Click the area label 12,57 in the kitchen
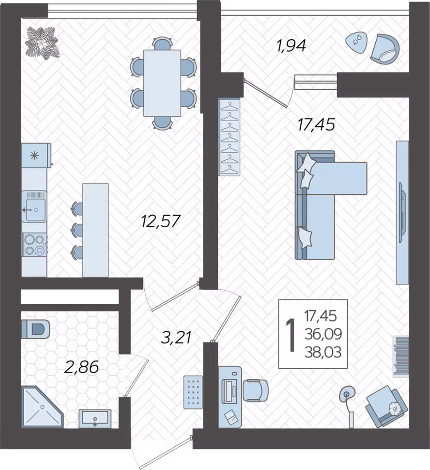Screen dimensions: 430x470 (160, 221)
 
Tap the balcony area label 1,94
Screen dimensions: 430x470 (291, 46)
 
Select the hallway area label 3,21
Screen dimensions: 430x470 (176, 338)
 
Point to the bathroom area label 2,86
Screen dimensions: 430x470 (81, 367)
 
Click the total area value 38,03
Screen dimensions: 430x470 (322, 352)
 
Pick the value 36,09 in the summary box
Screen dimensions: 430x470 (323, 334)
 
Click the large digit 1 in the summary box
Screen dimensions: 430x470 (290, 335)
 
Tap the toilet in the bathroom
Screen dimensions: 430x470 (35, 329)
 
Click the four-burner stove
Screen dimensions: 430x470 (34, 245)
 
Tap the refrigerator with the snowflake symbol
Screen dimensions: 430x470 (36, 155)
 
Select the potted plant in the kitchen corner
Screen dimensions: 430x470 (42, 43)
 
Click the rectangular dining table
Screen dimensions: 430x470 (162, 83)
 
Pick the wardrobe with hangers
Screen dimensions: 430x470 (230, 137)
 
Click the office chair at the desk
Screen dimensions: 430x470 (255, 390)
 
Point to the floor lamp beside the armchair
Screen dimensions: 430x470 (348, 403)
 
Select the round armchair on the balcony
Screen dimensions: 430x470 (385, 48)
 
